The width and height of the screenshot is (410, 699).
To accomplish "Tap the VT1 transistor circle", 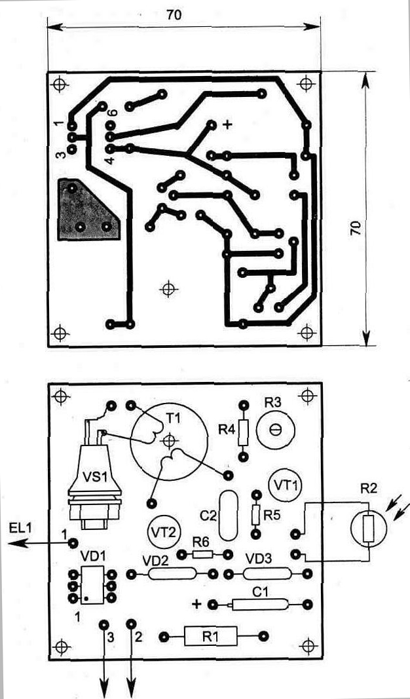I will pos(286,485).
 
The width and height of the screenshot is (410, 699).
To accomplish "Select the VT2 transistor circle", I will pos(162,531).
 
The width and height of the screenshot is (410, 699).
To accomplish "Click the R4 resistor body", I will pos(244,431).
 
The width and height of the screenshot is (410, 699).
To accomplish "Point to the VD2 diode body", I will pos(172,574).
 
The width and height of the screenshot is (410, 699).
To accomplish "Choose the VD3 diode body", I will pos(267,574).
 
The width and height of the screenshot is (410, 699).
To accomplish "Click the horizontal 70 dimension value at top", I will pos(174,16).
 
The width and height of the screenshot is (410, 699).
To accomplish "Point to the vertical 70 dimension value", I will pos(355,228).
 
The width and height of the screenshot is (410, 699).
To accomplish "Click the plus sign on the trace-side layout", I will pos(228,124).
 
